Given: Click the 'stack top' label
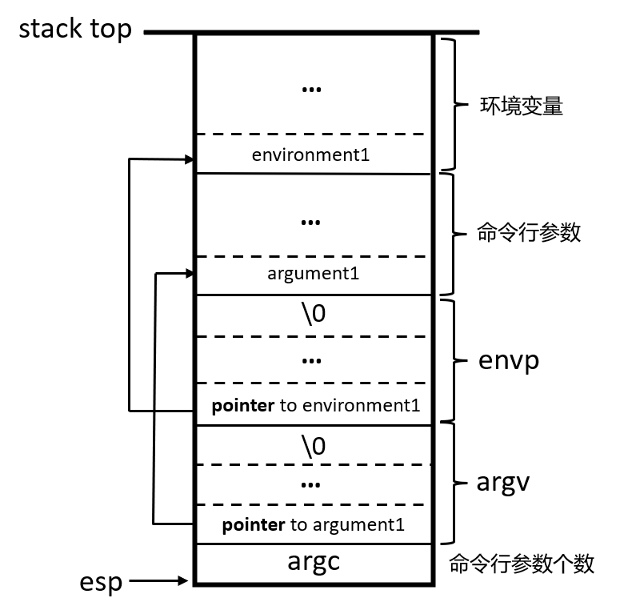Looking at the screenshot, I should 75,30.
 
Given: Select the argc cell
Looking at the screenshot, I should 314,563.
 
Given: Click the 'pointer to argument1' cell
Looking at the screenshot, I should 313,525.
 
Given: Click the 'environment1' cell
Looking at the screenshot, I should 310,155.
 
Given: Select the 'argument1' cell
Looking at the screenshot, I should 313,274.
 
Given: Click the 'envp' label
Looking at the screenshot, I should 509,360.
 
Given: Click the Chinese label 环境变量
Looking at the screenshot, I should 521,106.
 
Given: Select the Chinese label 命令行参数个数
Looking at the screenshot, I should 522,564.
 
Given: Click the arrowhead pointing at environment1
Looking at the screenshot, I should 189,160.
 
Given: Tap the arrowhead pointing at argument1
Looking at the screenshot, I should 189,274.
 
